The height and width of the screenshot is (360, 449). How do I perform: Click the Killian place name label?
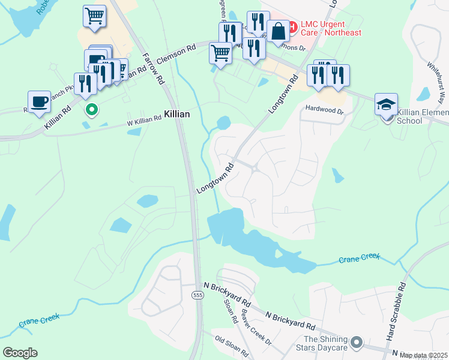[x=177, y=114]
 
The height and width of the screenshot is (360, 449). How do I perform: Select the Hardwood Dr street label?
[x=324, y=111]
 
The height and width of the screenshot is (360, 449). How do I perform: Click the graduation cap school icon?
[x=386, y=104]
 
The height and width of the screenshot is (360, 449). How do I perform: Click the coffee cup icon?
[x=40, y=101]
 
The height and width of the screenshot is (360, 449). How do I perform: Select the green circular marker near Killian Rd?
[x=91, y=110]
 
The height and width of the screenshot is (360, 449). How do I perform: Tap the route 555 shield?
[x=197, y=295]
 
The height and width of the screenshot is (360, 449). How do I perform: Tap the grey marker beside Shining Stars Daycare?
[x=357, y=343]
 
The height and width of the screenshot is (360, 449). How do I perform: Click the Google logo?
[x=20, y=353]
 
